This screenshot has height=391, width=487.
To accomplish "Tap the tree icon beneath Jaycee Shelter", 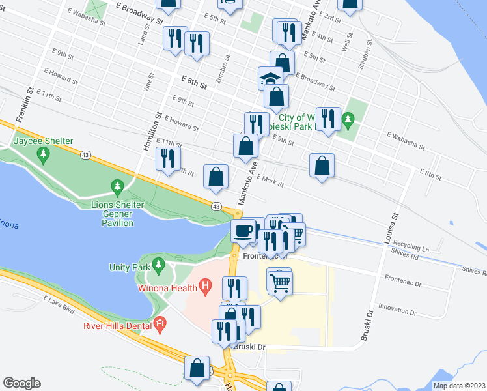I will coord(44,154).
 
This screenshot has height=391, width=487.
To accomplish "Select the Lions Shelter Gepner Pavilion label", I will coord(117,214).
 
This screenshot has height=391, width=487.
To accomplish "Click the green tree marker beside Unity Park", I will coord(158,266).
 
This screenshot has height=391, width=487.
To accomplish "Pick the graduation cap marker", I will coord(271,80).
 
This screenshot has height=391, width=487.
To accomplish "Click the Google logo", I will coord(21,383).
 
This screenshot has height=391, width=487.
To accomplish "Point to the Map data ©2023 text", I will coord(458,386).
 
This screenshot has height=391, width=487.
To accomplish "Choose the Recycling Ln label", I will coord(417,249).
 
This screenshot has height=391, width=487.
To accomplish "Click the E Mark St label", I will coord(270,181).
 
